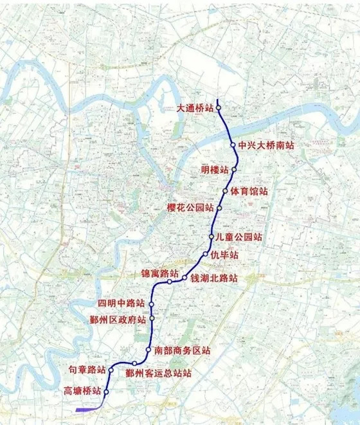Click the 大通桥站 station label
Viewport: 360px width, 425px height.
[x=195, y=109]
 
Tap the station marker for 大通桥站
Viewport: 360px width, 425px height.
[x=219, y=108]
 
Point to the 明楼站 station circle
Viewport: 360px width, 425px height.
[x=235, y=170]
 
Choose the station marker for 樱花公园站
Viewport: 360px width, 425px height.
[x=219, y=208]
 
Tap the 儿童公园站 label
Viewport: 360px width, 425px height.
[x=239, y=237]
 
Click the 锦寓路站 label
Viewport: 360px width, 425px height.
[x=160, y=273]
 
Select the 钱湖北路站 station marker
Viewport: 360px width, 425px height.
[x=184, y=278]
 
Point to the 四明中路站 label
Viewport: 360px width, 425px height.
[x=121, y=303]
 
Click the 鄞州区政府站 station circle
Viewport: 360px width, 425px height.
[x=152, y=318]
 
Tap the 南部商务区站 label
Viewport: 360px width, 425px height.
[x=183, y=351]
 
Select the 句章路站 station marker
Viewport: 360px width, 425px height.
[x=111, y=370]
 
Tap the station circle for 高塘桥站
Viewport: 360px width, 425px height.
[x=106, y=392]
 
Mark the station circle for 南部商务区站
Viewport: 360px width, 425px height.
[x=148, y=350]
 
